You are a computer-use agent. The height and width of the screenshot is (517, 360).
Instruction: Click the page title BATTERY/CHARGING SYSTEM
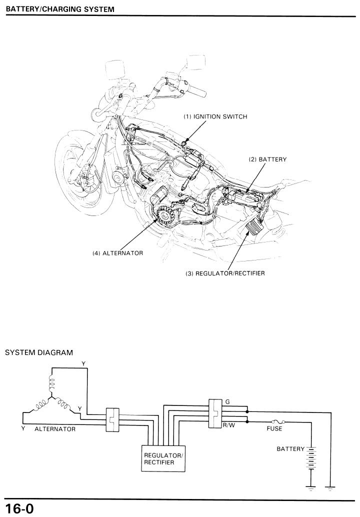(60, 9)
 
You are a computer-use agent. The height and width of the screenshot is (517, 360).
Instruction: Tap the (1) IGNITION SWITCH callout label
(215, 116)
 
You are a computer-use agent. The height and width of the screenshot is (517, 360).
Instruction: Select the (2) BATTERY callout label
(267, 159)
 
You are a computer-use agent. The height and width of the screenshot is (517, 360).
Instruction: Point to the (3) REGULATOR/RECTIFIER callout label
(225, 273)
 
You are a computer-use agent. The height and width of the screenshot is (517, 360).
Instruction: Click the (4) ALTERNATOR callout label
(117, 253)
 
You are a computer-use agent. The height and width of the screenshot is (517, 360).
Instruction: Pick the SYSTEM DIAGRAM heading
(39, 352)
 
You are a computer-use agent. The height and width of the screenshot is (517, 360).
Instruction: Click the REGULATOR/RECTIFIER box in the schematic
(163, 458)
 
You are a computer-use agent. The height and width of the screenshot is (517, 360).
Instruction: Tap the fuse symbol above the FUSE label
(278, 421)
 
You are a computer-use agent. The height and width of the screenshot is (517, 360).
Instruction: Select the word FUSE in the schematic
(274, 428)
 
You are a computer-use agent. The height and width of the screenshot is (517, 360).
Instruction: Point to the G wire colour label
(227, 402)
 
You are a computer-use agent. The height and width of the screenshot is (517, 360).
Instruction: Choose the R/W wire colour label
(229, 425)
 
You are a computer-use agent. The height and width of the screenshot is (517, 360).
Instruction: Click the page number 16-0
(19, 508)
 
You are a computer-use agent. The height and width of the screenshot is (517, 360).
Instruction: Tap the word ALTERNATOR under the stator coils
(55, 429)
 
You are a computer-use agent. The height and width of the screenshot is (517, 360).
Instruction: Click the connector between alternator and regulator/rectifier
(112, 419)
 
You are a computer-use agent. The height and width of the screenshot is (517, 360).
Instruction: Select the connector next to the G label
(215, 413)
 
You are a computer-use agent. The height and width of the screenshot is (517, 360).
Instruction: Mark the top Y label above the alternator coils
(83, 363)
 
